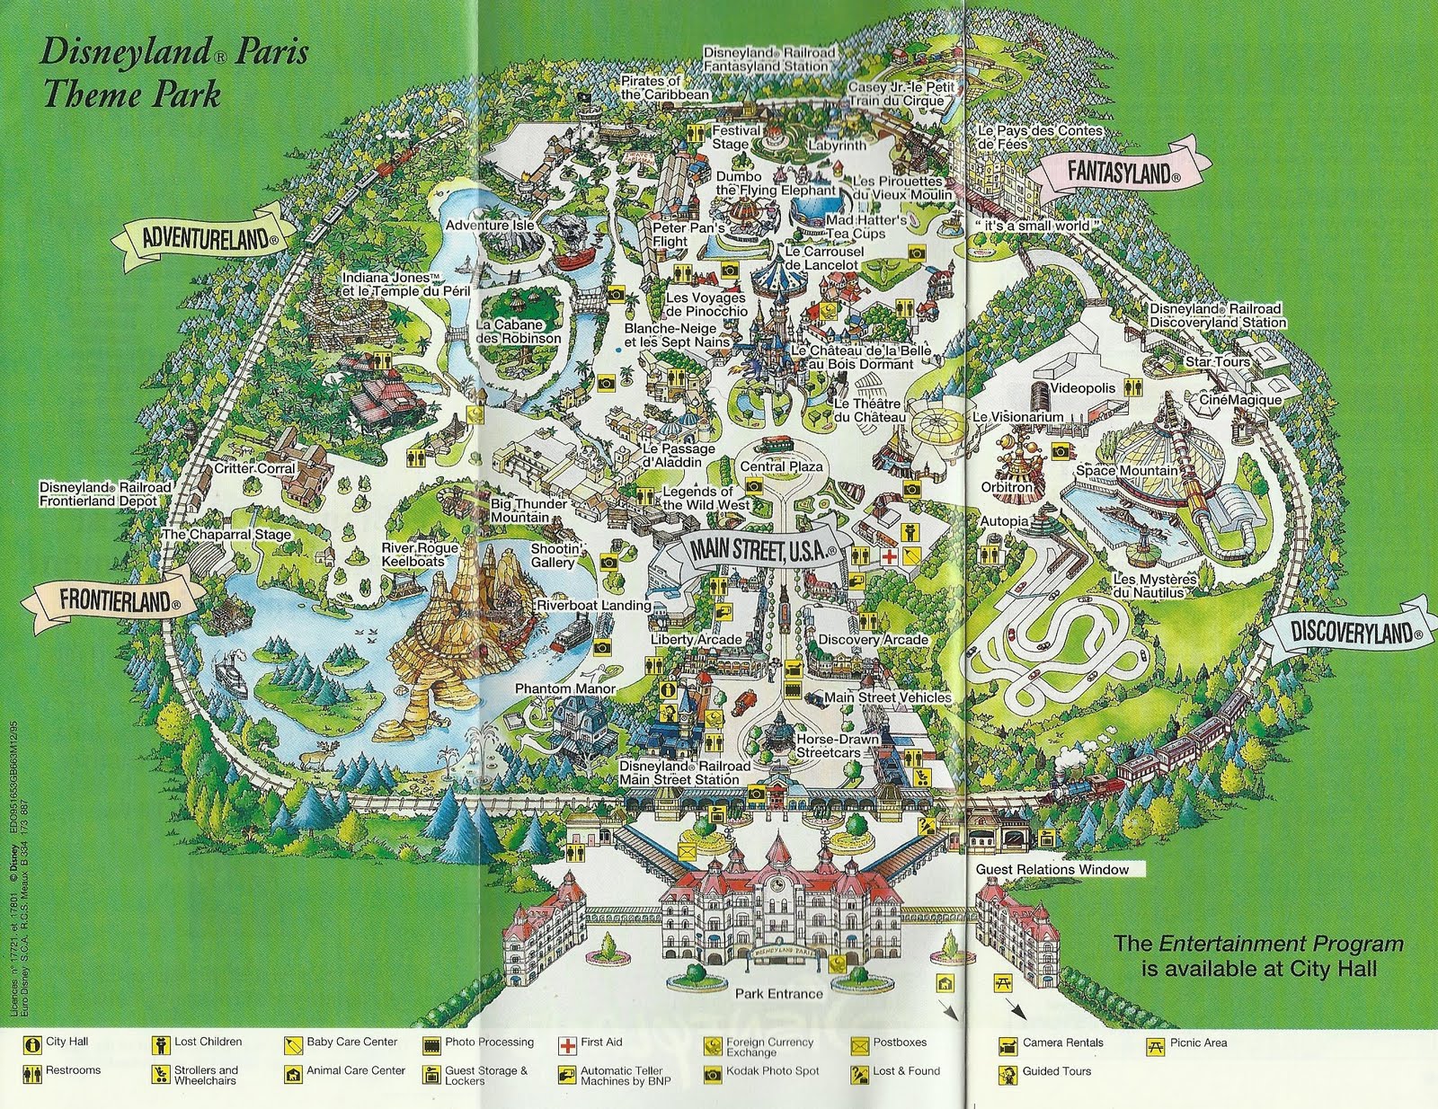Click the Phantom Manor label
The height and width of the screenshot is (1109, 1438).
coord(552,689)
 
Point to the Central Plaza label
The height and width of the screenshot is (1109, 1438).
coord(781,466)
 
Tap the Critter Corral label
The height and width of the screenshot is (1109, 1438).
coord(254,468)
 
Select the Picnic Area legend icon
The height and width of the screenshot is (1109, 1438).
coord(1155,1044)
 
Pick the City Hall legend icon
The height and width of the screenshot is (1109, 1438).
coord(33,1044)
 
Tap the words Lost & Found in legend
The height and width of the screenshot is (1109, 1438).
coord(906,1070)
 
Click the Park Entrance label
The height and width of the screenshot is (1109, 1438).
coord(778,993)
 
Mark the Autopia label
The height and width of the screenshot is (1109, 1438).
coord(1004,521)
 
